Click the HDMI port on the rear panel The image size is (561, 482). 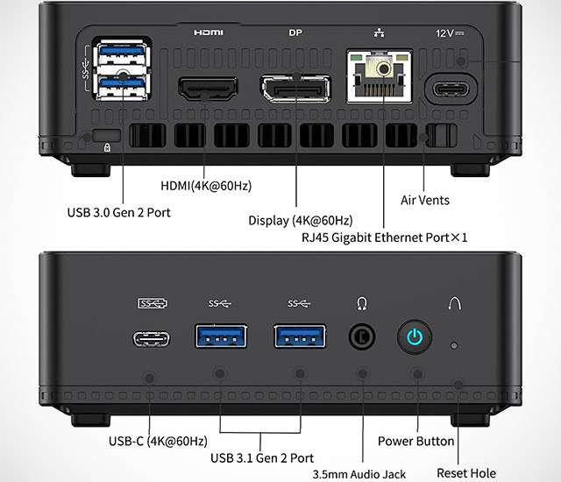(208, 89)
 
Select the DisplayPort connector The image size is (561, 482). (296, 89)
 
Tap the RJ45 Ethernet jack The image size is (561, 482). (380, 76)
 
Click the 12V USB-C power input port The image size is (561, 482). (451, 89)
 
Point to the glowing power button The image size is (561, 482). (415, 337)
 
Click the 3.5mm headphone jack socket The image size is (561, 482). (362, 337)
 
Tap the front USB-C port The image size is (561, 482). (152, 339)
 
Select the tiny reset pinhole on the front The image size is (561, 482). (454, 345)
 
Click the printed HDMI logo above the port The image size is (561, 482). (209, 33)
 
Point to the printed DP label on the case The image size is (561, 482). (295, 33)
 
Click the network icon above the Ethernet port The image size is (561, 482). (380, 33)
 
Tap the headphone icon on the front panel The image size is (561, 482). (362, 303)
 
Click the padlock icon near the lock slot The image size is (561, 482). (107, 147)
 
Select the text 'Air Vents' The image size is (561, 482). (424, 200)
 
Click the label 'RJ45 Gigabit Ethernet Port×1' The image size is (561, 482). (385, 237)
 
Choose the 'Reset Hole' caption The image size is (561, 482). (466, 473)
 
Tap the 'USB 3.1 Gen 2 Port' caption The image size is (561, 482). (262, 458)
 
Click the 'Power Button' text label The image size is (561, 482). (415, 441)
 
